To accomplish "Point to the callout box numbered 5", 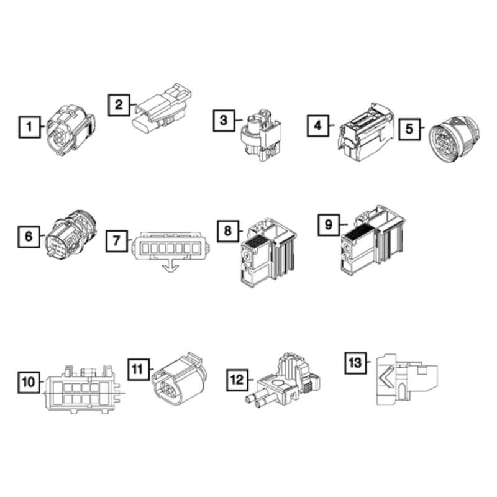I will click(408, 127).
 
